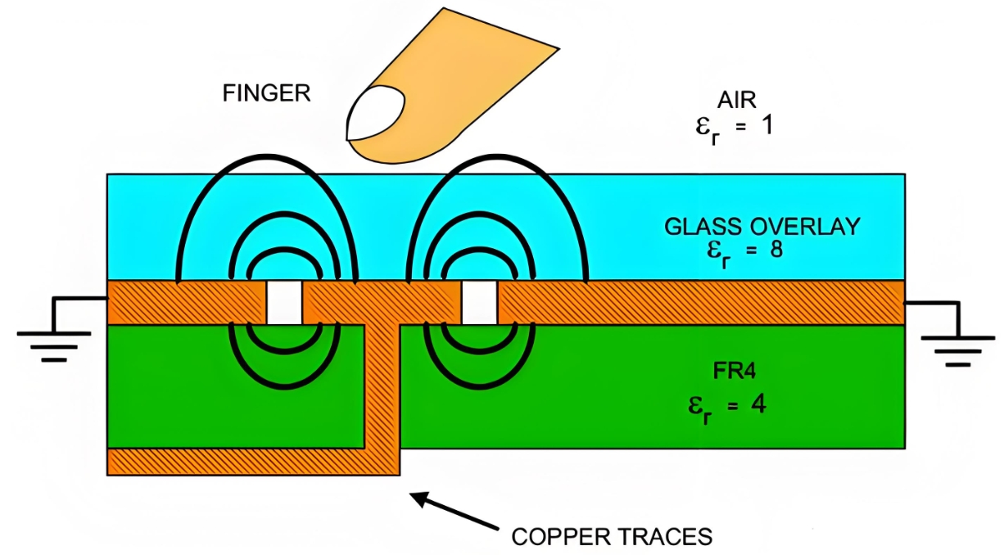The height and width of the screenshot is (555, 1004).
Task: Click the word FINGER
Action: coord(266,92)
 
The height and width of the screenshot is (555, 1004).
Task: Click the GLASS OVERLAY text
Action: coord(762,227)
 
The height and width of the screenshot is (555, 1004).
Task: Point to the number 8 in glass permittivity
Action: coord(776,249)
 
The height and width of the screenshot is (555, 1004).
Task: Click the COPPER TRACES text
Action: coord(611,537)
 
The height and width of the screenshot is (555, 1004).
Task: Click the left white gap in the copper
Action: coord(284,303)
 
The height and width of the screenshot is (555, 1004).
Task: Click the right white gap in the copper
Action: coord(479,303)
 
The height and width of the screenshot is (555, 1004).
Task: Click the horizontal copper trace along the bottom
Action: coord(237,461)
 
